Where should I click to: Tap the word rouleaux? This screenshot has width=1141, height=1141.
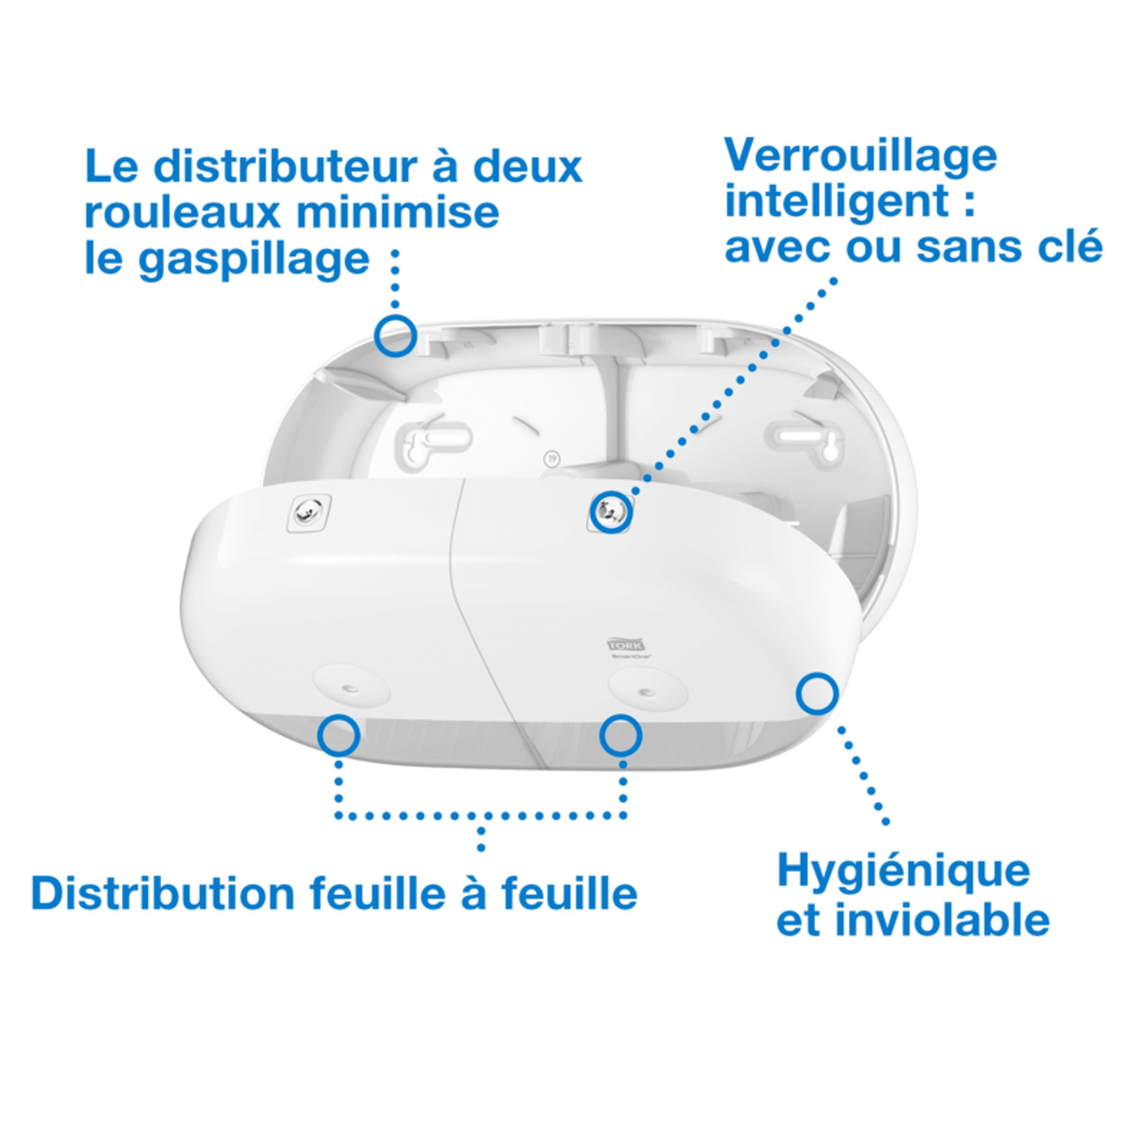pos(183,213)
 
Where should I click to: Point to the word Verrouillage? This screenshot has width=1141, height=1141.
pos(860,156)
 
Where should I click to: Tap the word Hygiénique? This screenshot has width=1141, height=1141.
pos(903,872)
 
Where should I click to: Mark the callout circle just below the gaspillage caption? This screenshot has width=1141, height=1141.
pos(396,335)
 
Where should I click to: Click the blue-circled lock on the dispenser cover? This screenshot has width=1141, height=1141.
pos(611,511)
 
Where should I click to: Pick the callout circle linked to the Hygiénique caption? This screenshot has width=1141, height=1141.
pos(817,694)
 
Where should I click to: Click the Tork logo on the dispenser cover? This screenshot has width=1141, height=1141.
pos(625,645)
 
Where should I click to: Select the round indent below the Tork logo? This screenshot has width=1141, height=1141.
pos(647,691)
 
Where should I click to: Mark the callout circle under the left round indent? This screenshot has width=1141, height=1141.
pos(338,736)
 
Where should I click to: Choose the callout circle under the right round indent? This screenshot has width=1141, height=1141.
pos(620,736)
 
